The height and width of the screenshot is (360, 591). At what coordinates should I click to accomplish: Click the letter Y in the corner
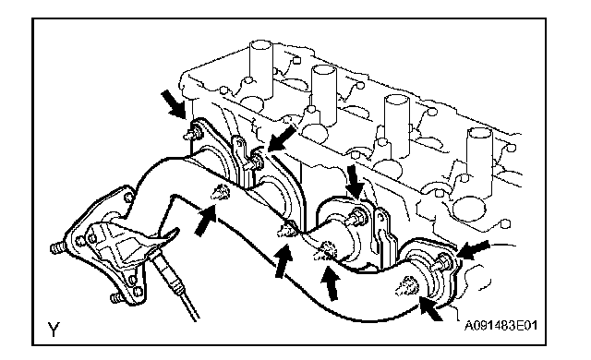(54, 329)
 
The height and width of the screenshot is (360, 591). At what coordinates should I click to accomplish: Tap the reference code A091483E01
(501, 325)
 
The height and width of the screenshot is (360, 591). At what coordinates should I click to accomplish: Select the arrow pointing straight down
(355, 181)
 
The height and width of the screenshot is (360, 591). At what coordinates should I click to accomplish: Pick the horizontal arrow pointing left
(473, 250)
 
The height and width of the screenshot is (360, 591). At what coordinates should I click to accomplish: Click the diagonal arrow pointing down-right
(174, 104)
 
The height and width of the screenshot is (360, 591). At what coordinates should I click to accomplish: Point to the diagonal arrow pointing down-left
(282, 138)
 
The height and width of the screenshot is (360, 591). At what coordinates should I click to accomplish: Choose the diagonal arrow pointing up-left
(431, 308)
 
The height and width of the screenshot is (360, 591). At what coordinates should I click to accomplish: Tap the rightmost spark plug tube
(479, 158)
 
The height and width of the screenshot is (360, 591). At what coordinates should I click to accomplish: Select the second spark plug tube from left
(324, 94)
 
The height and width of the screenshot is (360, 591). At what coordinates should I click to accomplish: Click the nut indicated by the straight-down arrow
(356, 218)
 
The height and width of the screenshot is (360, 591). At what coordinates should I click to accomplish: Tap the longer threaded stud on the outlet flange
(59, 247)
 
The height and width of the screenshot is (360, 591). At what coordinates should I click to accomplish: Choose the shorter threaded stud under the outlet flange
(117, 298)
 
